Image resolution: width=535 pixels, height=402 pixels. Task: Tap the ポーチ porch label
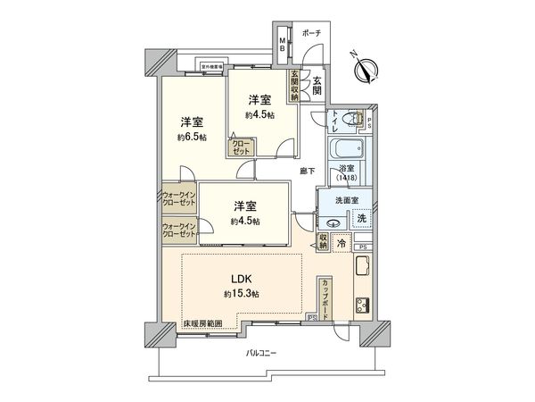312,33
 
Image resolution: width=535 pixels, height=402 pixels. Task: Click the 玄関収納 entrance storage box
293,87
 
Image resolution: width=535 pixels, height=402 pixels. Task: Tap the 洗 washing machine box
362,217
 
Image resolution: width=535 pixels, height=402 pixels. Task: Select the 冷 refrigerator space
342,242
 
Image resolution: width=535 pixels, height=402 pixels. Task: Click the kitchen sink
363,266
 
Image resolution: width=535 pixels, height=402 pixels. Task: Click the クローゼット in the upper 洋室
242,147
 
